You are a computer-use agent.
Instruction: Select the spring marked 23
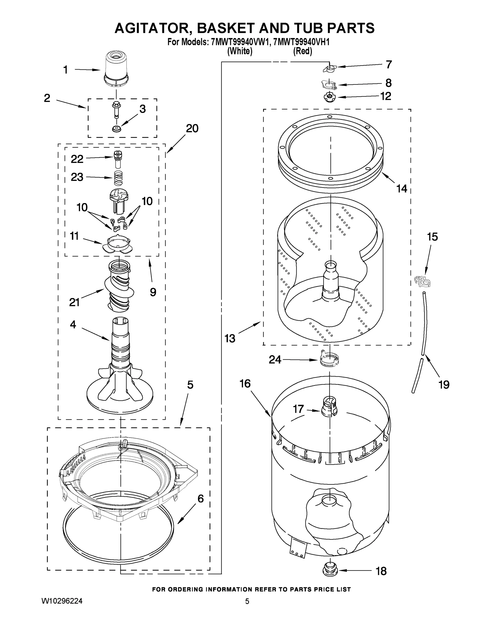118,178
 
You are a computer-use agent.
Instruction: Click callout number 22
77,159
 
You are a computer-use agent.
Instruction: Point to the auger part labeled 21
119,286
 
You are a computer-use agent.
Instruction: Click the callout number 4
73,324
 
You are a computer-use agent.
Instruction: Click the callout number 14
402,189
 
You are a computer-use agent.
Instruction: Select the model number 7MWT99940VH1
302,42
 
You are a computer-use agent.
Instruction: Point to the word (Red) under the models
302,51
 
